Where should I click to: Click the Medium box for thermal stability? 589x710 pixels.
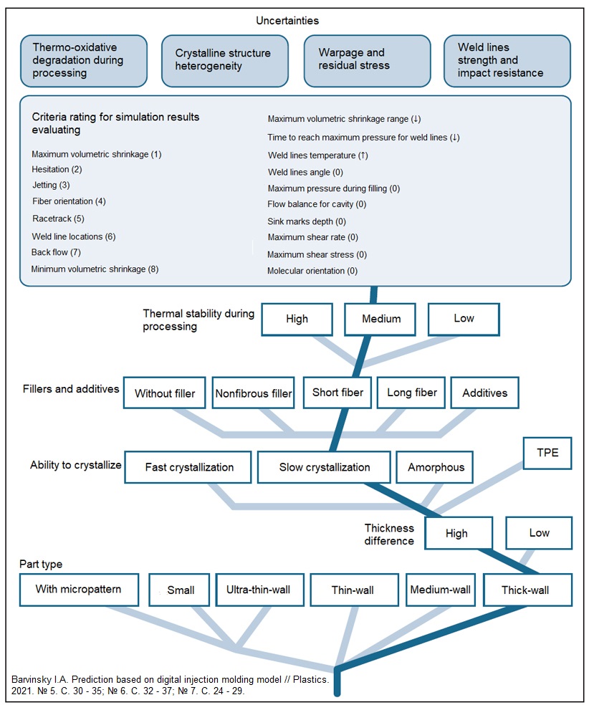380,320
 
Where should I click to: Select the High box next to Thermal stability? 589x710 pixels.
297,320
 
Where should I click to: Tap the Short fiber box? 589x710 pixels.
337,393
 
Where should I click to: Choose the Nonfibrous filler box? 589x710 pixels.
254,393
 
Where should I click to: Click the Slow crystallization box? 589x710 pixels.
324,467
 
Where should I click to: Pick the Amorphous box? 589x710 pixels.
435,467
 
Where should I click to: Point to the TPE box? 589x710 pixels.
547,453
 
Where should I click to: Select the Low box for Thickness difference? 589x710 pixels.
539,533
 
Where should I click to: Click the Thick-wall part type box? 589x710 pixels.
528,590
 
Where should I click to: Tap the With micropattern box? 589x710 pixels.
79,590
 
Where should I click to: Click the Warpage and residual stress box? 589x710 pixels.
367,61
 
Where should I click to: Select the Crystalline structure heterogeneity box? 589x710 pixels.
225,61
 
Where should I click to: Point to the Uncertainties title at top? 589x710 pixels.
287,21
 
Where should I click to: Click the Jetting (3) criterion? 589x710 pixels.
51,185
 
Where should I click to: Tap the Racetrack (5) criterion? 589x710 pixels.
59,219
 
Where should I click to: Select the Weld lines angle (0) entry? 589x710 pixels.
305,173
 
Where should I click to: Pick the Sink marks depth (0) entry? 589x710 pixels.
307,221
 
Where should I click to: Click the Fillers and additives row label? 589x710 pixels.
71,389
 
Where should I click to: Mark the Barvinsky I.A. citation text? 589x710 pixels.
171,685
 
